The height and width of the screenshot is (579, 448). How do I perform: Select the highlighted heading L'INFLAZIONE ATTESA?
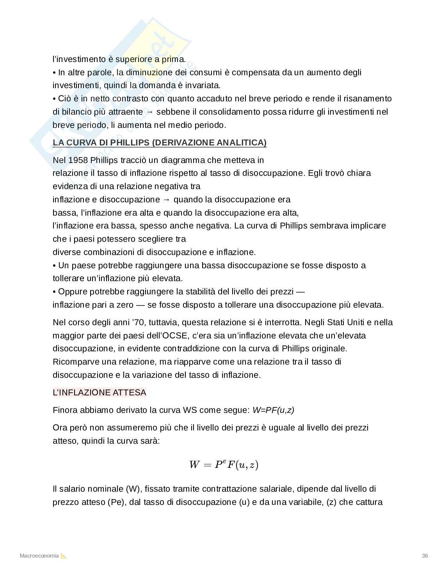(99, 393)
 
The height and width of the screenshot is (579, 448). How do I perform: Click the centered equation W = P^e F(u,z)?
(224, 464)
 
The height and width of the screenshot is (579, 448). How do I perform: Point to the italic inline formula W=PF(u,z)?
(273, 410)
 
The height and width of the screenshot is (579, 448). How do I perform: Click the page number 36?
(425, 556)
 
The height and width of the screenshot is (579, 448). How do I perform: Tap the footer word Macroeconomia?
(39, 556)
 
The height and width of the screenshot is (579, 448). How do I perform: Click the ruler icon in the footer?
(64, 556)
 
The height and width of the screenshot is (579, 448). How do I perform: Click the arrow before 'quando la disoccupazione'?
(166, 200)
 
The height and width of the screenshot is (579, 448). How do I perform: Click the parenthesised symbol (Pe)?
(116, 502)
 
